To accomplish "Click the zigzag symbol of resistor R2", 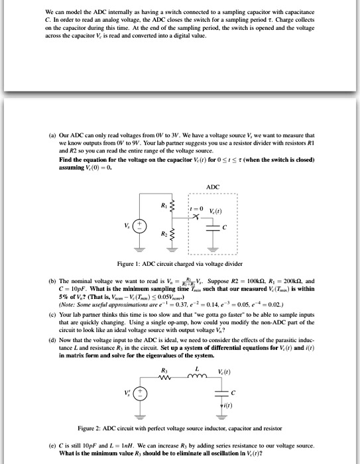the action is pos(169,234).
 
